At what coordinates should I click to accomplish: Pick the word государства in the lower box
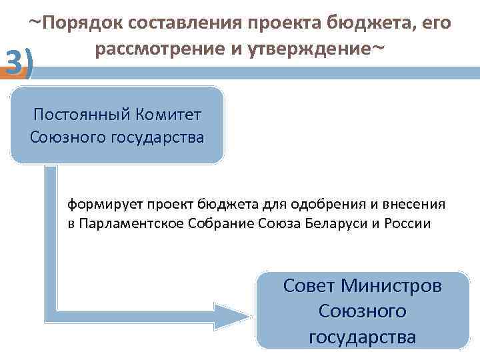(x=363, y=337)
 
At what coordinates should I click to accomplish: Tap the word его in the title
(x=436, y=24)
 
